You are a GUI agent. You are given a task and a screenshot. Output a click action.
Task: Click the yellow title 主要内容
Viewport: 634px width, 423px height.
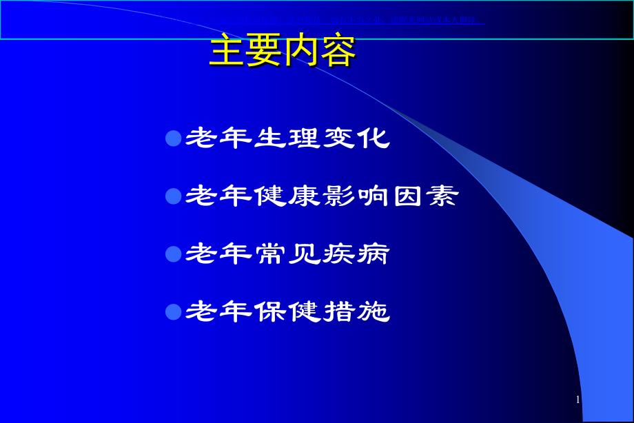coord(283,52)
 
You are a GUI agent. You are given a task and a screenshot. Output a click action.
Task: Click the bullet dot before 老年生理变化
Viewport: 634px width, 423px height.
coord(173,138)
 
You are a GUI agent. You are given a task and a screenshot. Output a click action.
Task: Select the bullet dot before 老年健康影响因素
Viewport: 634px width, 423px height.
coord(173,196)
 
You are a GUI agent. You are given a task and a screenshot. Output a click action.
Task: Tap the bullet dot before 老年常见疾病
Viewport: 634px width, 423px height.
coord(173,254)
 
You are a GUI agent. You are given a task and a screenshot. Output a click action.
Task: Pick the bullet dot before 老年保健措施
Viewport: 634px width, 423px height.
coord(173,312)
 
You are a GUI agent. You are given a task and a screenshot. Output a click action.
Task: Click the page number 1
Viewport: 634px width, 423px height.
coord(577,400)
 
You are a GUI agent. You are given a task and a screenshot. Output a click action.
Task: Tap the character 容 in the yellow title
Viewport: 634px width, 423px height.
coord(338,52)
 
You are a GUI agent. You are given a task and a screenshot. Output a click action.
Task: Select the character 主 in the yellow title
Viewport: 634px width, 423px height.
coord(227,52)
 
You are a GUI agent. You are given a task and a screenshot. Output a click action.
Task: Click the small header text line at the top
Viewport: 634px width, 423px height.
coord(372,19)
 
